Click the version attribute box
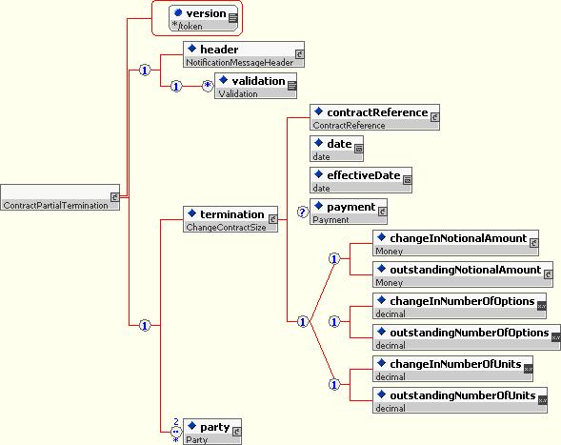(203, 18)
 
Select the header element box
(244, 54)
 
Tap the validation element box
(255, 86)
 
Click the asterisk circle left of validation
(208, 86)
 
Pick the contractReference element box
(374, 117)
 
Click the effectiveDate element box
(361, 180)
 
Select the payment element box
(349, 212)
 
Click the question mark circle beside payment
(302, 212)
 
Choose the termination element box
(230, 219)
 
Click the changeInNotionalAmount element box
(455, 243)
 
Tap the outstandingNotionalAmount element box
(463, 274)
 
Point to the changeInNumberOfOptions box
(459, 306)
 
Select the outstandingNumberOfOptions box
(467, 337)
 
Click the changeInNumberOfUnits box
(452, 369)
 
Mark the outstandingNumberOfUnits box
(460, 400)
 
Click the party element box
(212, 432)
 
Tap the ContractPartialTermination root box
(60, 197)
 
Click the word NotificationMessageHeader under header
(239, 62)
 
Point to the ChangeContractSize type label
(226, 227)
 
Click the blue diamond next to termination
(191, 213)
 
